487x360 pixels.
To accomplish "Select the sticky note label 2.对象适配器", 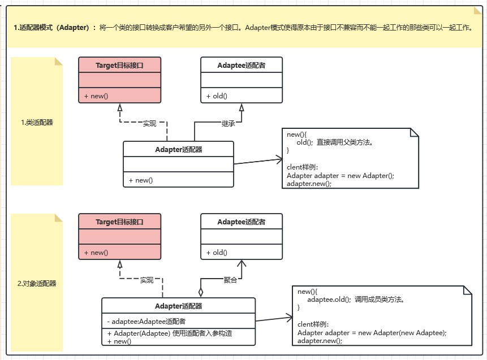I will [x=37, y=283].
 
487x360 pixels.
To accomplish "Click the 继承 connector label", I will [x=229, y=123].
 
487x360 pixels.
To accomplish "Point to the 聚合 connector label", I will [x=230, y=280].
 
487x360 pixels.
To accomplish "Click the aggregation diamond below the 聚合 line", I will [x=200, y=292].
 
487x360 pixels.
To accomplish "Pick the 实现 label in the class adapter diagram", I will [x=149, y=123].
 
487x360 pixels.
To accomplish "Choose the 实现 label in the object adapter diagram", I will [x=147, y=280].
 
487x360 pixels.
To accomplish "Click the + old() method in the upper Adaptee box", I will [x=217, y=96].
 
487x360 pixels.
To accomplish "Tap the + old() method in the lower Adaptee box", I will [x=217, y=252].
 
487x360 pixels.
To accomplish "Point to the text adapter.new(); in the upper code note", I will [x=309, y=184].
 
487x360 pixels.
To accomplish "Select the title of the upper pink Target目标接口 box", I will [x=119, y=65].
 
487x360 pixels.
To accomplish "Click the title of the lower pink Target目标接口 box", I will [x=119, y=222].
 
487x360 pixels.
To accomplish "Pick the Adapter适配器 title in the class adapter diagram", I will [x=178, y=149].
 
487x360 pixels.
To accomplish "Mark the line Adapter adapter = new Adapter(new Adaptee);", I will [x=372, y=333].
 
